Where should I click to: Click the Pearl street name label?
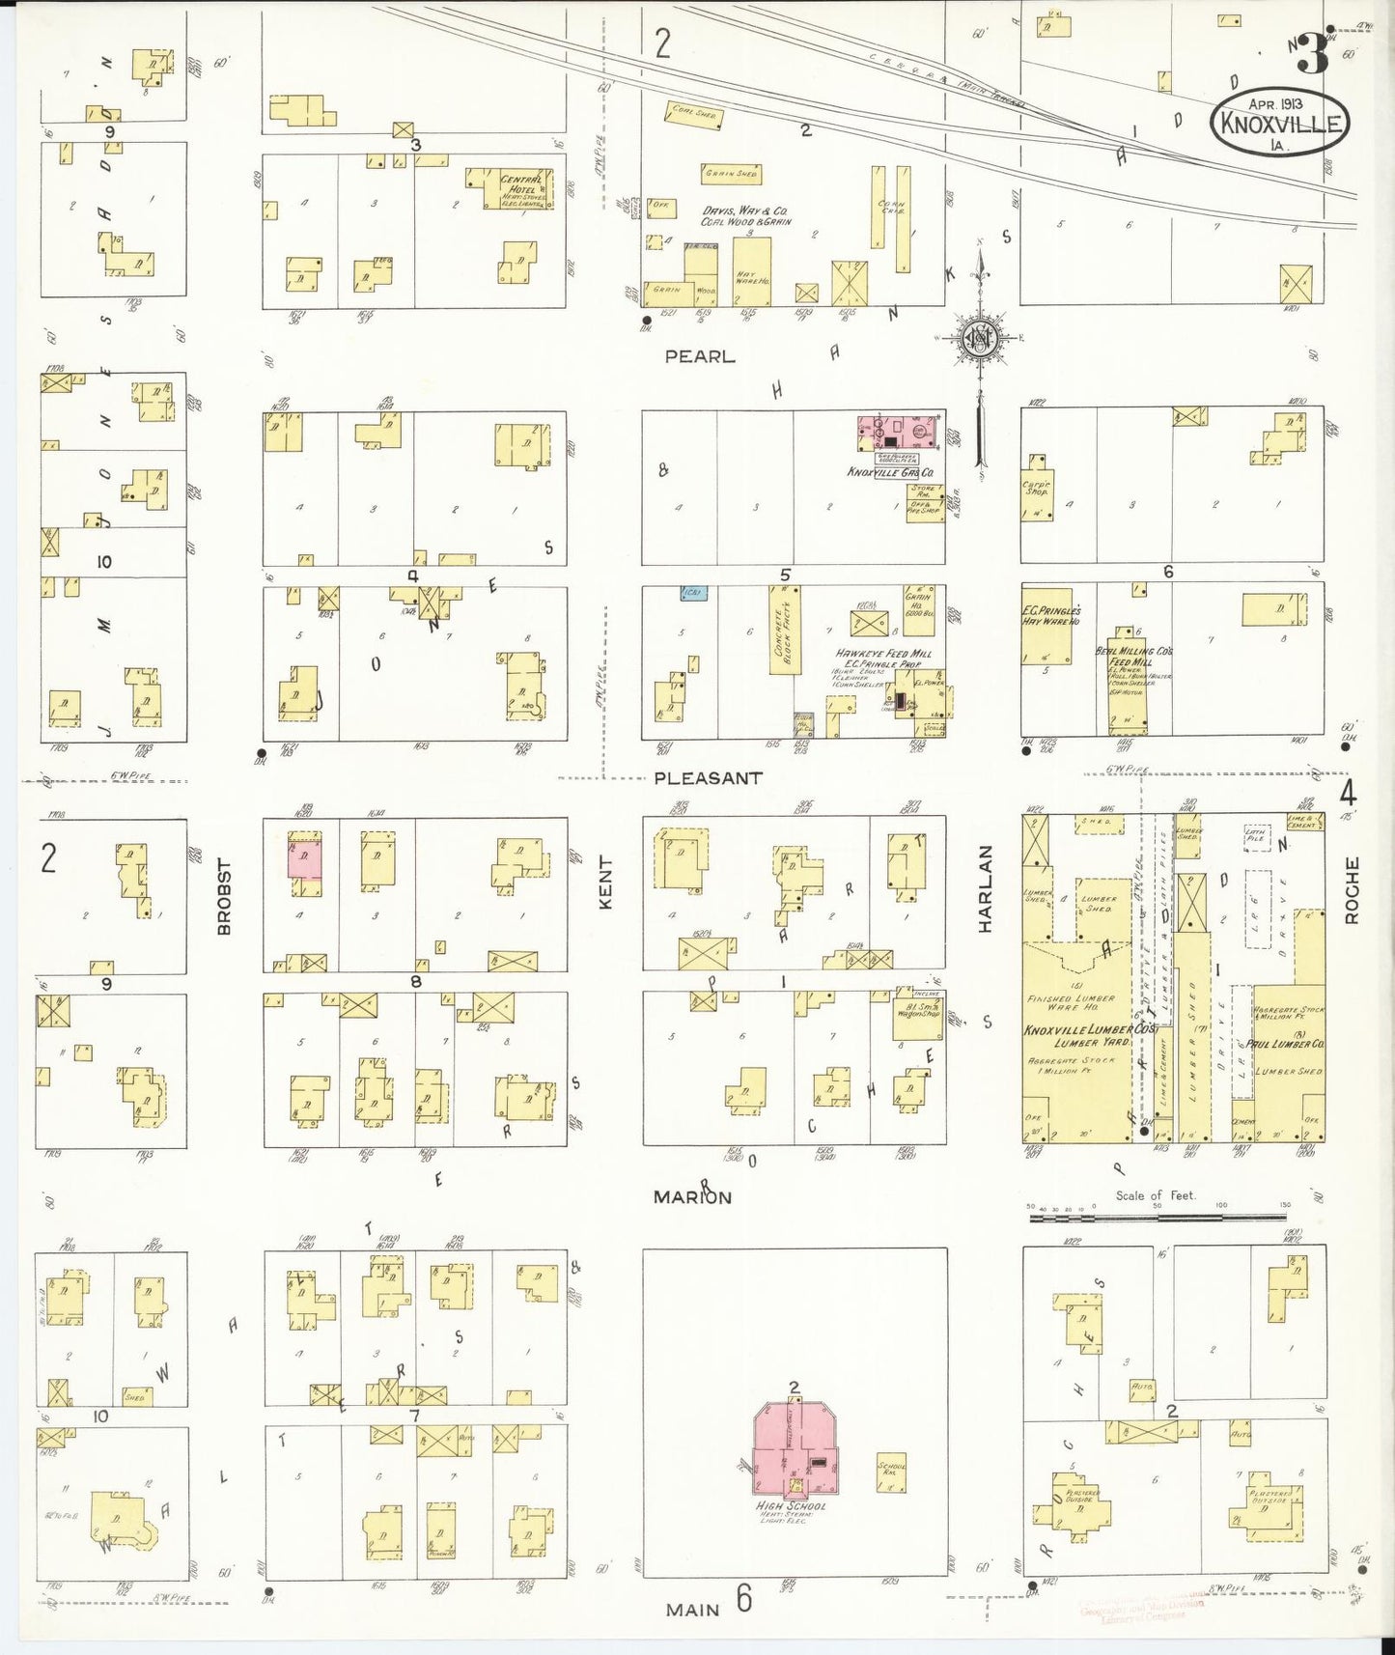[699, 356]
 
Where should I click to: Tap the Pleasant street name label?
[708, 777]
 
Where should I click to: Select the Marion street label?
[692, 1197]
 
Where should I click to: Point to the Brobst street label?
[224, 896]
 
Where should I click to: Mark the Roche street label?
[1351, 889]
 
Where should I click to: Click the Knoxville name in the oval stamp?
[1279, 124]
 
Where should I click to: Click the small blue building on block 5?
[693, 592]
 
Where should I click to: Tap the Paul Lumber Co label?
[1289, 1044]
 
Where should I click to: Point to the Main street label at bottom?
[692, 1609]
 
